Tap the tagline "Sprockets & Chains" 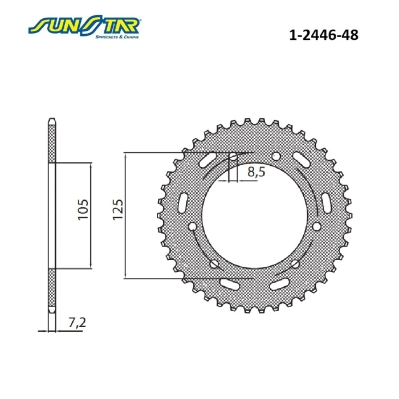click(117, 37)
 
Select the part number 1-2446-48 click(324, 35)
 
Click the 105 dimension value click(83, 209)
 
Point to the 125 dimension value click(117, 209)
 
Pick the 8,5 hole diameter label click(256, 172)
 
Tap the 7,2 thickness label click(77, 323)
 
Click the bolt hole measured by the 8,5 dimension click(233, 157)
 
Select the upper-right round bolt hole click(276, 157)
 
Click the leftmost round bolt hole click(193, 226)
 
